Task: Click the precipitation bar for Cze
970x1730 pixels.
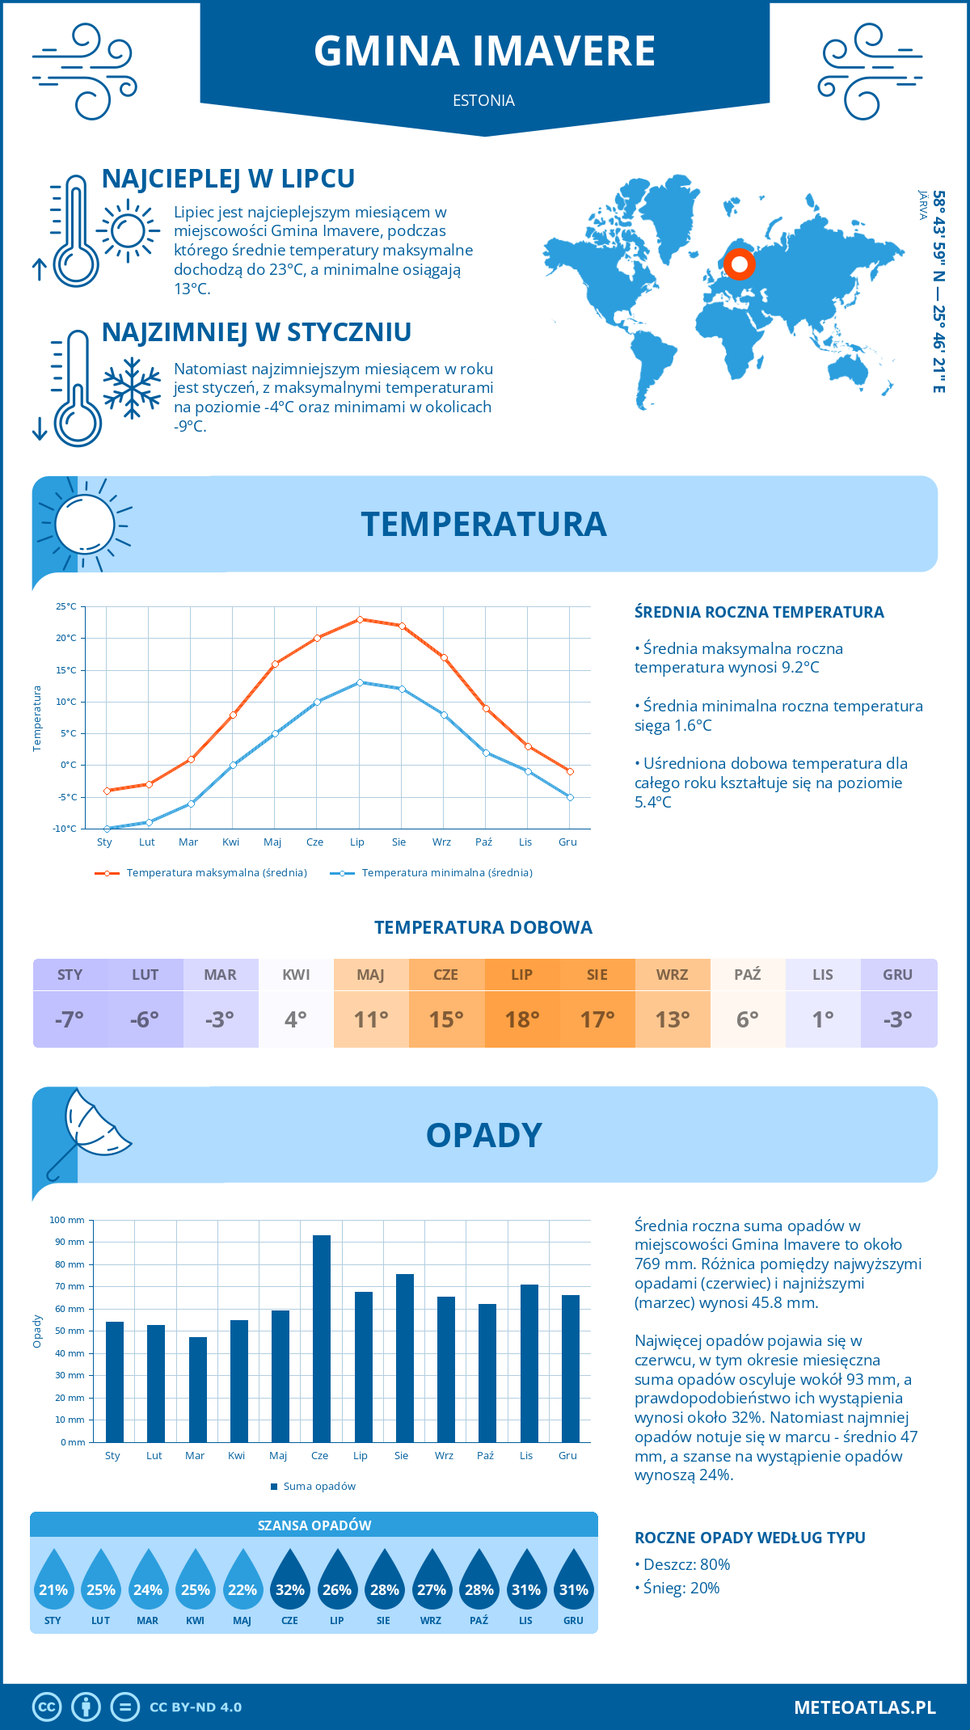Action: [321, 1338]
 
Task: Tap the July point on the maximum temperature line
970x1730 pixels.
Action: [360, 619]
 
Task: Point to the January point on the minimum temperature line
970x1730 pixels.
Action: [107, 829]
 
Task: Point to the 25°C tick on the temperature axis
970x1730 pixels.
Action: [66, 606]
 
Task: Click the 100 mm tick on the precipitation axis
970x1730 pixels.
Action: [67, 1220]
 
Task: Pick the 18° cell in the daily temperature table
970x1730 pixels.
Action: [521, 1019]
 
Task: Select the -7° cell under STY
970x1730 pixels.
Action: [70, 1019]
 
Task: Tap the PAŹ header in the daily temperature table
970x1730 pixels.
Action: [747, 975]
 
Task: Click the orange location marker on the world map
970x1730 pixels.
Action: [739, 264]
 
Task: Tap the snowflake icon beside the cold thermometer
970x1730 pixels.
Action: [132, 388]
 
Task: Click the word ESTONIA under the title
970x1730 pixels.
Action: [483, 100]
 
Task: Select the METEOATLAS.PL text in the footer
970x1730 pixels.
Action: [864, 1707]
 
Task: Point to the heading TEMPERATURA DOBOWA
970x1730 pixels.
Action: [483, 927]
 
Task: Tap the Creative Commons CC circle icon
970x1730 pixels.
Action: [47, 1707]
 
